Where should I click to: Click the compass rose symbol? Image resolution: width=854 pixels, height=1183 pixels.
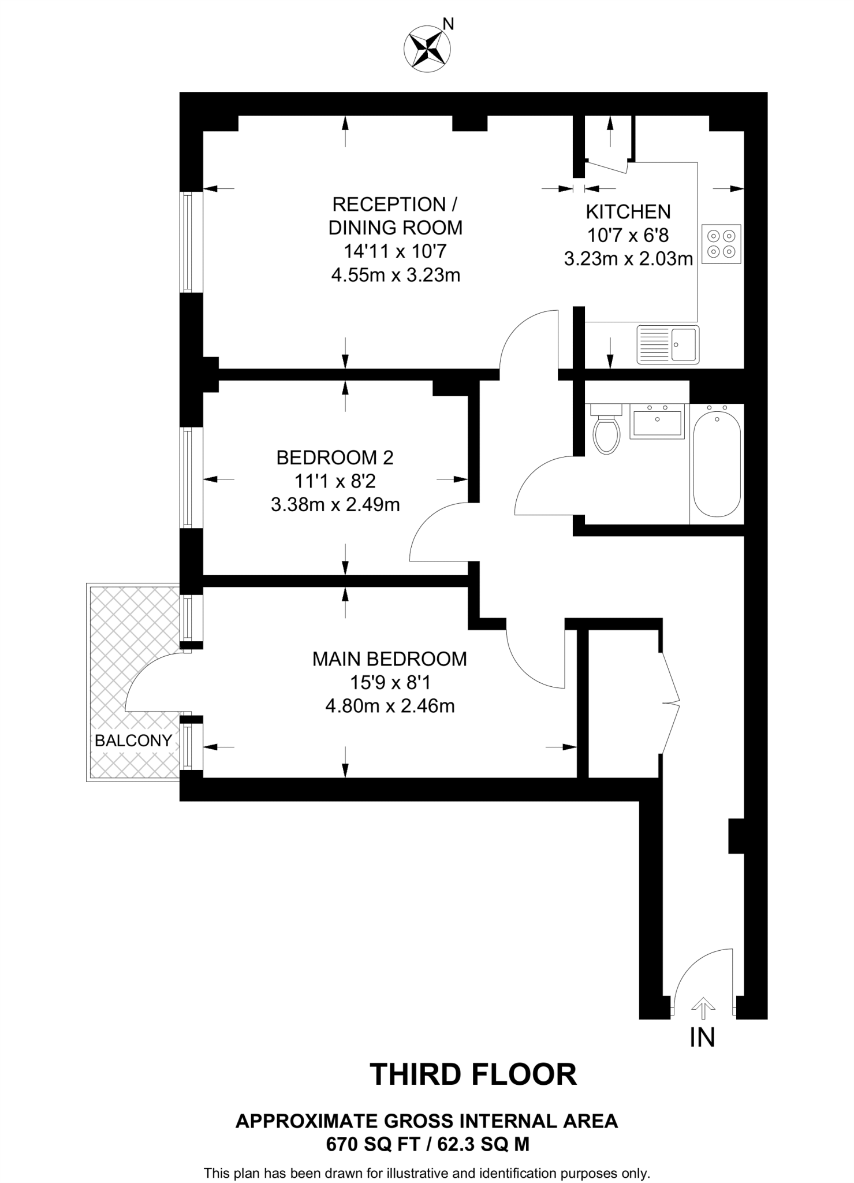pyautogui.click(x=427, y=49)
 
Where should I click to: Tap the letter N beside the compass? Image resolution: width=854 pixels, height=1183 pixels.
pyautogui.click(x=449, y=24)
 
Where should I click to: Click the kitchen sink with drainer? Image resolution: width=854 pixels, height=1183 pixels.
pyautogui.click(x=668, y=345)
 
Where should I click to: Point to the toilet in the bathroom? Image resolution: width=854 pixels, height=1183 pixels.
pyautogui.click(x=606, y=430)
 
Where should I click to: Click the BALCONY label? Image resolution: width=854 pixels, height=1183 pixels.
pyautogui.click(x=133, y=741)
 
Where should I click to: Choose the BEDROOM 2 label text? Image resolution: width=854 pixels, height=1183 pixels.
pyautogui.click(x=335, y=457)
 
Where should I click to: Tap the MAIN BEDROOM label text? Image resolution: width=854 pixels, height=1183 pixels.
pyautogui.click(x=390, y=659)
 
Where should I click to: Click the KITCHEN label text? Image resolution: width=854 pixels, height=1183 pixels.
pyautogui.click(x=628, y=212)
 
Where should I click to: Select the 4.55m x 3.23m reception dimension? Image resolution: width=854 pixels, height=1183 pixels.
pyautogui.click(x=396, y=275)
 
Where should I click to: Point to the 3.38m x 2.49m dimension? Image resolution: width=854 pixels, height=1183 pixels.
pyautogui.click(x=335, y=505)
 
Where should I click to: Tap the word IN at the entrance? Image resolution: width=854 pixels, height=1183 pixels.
pyautogui.click(x=702, y=1038)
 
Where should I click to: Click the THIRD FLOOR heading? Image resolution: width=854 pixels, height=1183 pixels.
pyautogui.click(x=473, y=1075)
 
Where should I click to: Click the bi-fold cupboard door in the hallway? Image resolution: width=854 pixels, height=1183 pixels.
pyautogui.click(x=670, y=703)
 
